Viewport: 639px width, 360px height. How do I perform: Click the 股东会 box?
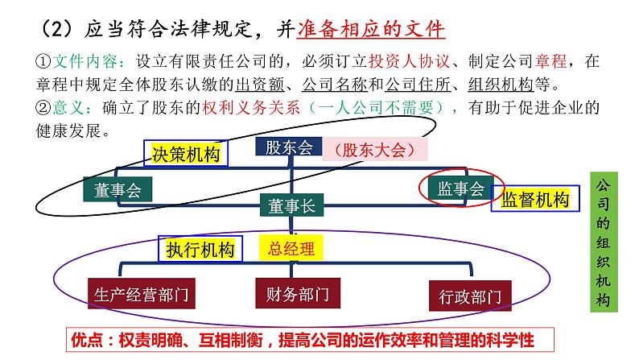click(x=289, y=147)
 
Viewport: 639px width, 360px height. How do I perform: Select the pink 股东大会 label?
click(x=375, y=149)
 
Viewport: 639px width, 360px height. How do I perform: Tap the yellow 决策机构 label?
click(x=186, y=154)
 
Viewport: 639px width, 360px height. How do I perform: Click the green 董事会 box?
click(x=117, y=189)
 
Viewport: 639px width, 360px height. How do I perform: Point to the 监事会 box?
click(x=461, y=188)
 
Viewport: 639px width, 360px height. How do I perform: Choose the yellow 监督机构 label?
click(x=534, y=200)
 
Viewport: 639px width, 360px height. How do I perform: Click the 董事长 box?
click(x=292, y=205)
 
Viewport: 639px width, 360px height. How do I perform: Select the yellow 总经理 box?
click(x=291, y=248)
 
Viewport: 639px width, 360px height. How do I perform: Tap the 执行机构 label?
click(x=200, y=249)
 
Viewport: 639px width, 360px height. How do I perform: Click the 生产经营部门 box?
click(x=142, y=293)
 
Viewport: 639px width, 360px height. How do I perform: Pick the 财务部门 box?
click(x=298, y=293)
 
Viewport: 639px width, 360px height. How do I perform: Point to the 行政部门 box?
click(x=470, y=296)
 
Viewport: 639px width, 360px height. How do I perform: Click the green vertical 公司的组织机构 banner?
click(x=604, y=242)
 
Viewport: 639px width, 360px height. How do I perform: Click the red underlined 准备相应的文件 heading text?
click(x=371, y=29)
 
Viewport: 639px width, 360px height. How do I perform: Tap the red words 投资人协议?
click(x=409, y=61)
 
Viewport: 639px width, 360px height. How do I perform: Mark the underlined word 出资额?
click(x=260, y=85)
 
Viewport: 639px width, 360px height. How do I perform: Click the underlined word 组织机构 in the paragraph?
click(x=501, y=85)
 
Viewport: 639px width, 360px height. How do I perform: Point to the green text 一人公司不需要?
click(x=375, y=108)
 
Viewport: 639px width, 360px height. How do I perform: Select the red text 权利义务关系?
click(x=251, y=108)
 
